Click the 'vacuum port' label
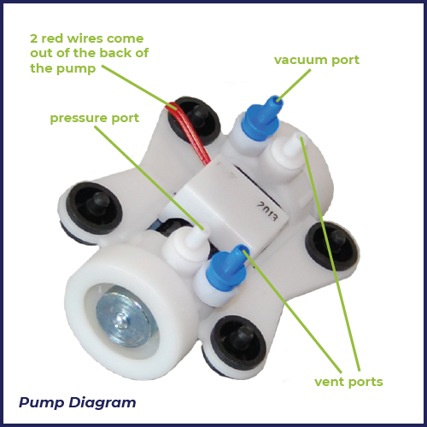point(317,61)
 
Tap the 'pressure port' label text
point(95,119)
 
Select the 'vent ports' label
point(348,383)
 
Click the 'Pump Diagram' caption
point(77,403)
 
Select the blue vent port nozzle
point(228,267)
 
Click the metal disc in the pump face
point(123,317)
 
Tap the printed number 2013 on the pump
point(267,211)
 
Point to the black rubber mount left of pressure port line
point(95,208)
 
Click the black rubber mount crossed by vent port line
point(332,246)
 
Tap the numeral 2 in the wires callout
point(33,38)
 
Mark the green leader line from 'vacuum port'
point(294,85)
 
